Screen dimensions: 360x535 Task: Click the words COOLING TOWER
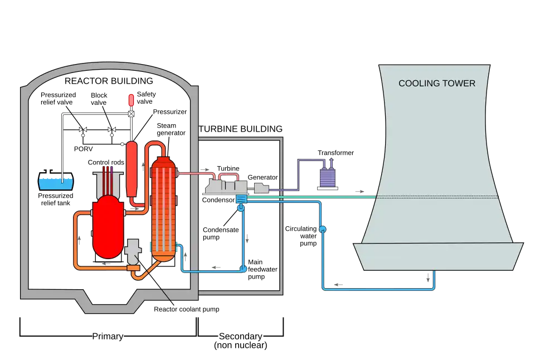[437, 84]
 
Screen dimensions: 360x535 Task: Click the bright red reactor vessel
[107, 226]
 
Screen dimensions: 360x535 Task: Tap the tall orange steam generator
[164, 209]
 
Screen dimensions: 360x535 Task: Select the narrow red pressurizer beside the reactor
[132, 167]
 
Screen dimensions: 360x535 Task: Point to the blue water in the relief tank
[55, 183]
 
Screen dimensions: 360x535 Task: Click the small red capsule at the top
[132, 100]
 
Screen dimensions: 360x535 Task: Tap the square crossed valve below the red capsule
[132, 114]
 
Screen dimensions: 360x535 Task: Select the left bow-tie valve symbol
[83, 130]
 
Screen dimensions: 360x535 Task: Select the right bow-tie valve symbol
[111, 130]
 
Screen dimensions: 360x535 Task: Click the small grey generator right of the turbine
[261, 188]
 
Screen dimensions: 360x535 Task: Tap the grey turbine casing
[226, 186]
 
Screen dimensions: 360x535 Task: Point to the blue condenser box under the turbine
[241, 199]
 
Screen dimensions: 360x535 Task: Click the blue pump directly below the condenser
[241, 208]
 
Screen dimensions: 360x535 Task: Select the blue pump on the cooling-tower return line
[322, 229]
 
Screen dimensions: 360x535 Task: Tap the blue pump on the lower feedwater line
[243, 269]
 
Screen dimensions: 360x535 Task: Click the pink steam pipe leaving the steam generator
[192, 174]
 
